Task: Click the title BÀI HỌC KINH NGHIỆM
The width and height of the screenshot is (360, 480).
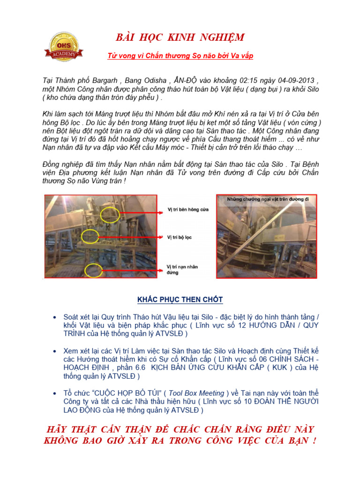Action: [x=180, y=38]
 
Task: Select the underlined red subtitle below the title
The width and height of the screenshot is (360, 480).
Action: [x=180, y=56]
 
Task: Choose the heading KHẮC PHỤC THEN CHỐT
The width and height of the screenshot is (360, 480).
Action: [x=180, y=300]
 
